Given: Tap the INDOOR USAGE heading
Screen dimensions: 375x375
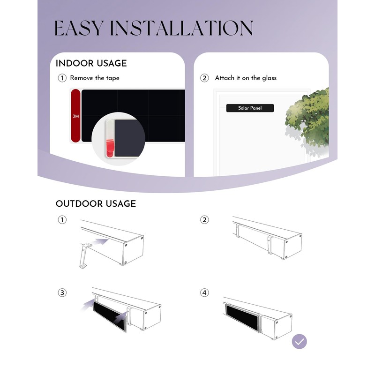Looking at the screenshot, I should point(91,63).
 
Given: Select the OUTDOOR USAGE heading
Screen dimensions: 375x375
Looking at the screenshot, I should point(96,204).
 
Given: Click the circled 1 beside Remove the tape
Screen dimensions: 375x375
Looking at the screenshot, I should point(62,78).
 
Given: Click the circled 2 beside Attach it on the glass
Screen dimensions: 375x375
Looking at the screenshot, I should point(204,78).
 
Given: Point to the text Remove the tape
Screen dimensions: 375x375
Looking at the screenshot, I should point(95,78).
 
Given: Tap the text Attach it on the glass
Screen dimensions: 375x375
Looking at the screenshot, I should point(246,78).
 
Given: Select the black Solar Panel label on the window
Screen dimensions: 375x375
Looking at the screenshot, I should point(250,108).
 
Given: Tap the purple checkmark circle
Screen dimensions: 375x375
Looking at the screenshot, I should point(299,342).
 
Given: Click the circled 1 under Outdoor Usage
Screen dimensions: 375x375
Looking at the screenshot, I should point(62,219).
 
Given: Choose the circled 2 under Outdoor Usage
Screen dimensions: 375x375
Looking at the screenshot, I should point(204,219).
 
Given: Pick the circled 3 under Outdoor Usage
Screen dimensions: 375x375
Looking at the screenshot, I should point(62,292).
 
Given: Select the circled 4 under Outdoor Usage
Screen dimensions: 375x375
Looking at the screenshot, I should point(204,292).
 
